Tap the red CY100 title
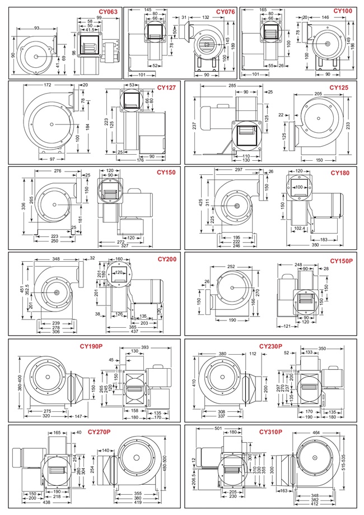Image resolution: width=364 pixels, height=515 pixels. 343,11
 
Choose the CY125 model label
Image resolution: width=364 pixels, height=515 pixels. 339,87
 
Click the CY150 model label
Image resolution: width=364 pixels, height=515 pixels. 166,173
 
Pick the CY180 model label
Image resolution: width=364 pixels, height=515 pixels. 339,173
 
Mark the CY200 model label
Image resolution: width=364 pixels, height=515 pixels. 166,259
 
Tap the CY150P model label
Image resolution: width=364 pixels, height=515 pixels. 341,261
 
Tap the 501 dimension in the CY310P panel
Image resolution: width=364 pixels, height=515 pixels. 203,430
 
